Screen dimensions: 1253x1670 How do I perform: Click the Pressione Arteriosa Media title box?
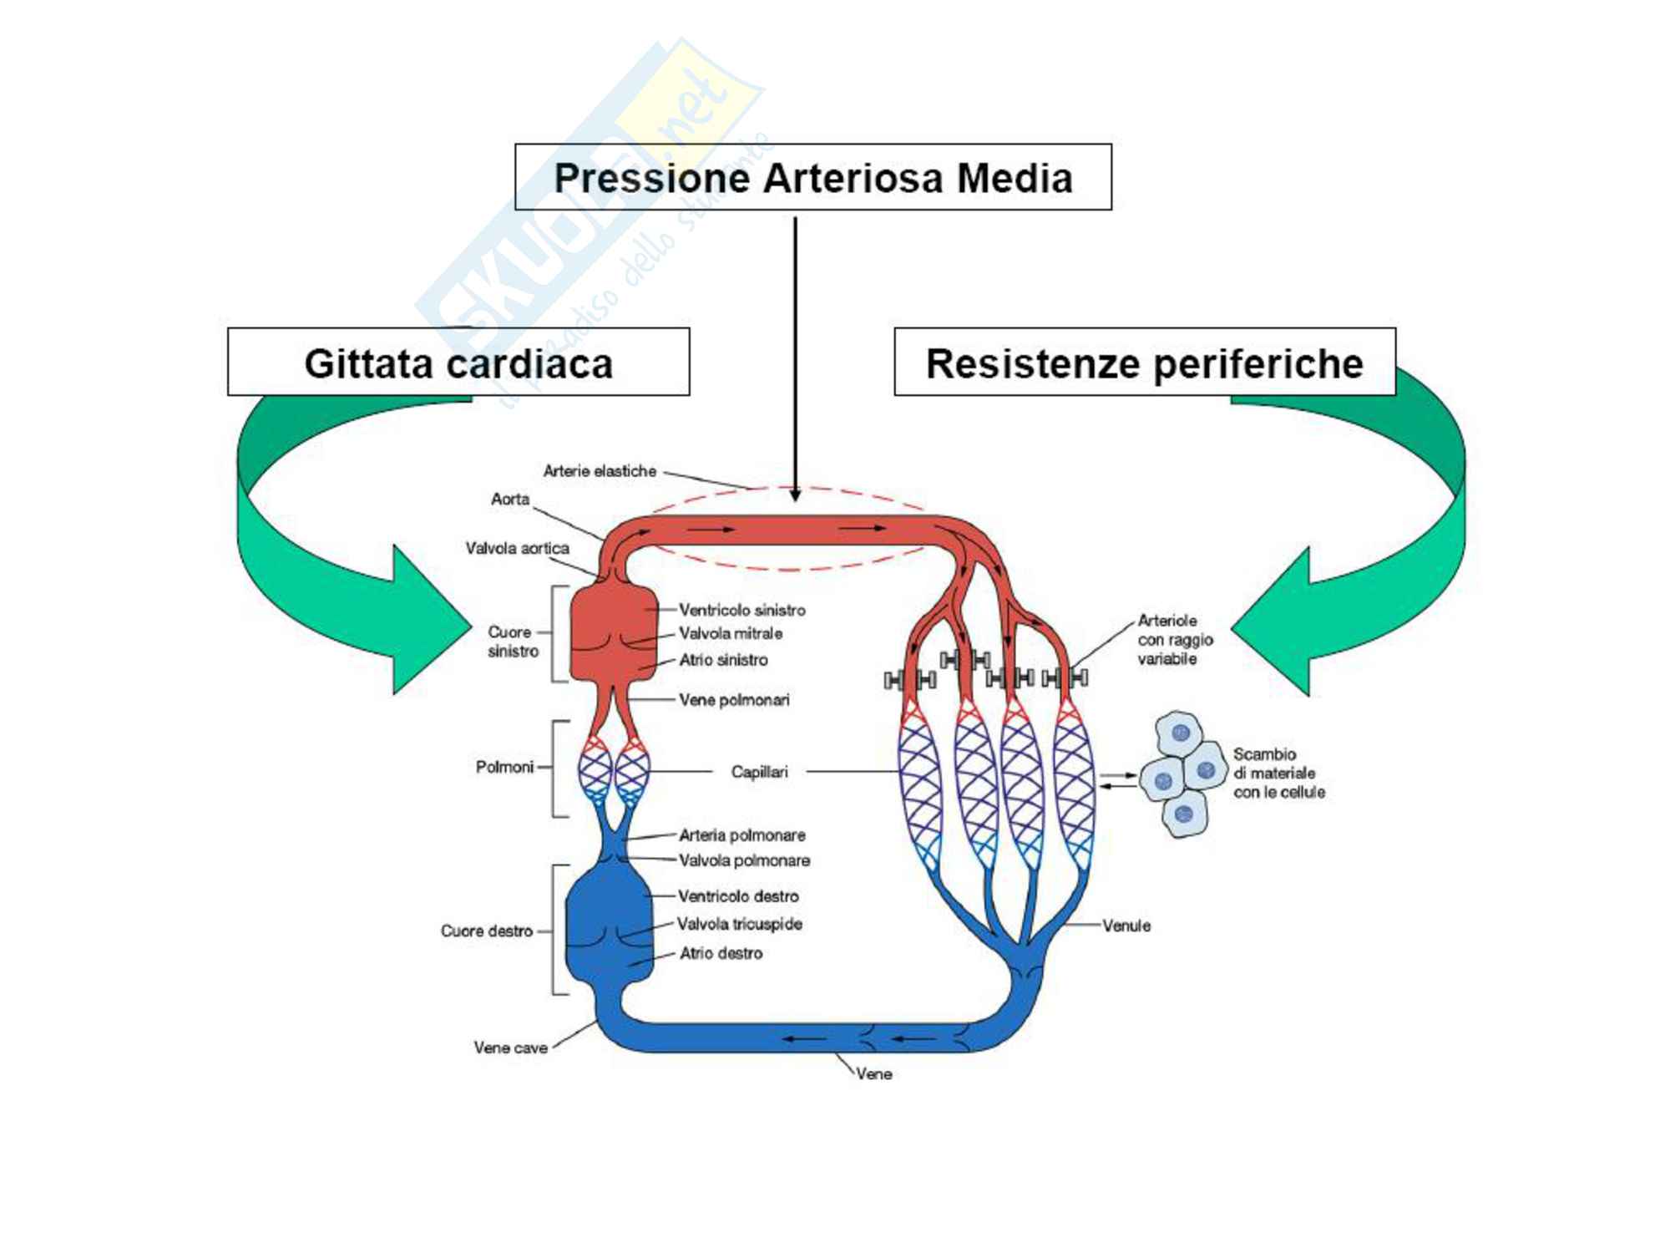pyautogui.click(x=812, y=177)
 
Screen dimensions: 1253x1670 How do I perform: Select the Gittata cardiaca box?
pyautogui.click(x=458, y=363)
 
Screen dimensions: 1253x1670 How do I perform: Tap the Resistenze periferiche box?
pyautogui.click(x=1144, y=363)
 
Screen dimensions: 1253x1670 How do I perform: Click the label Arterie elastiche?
pyautogui.click(x=600, y=471)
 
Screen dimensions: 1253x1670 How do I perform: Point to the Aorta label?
pyautogui.click(x=510, y=499)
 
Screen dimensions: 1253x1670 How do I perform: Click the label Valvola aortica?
pyautogui.click(x=517, y=548)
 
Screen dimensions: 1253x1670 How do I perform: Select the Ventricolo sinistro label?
pyautogui.click(x=741, y=610)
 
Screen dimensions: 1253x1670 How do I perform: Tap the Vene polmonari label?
pyautogui.click(x=734, y=700)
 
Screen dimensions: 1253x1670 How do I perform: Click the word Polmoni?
pyautogui.click(x=504, y=767)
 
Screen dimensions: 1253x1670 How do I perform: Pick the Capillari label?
pyautogui.click(x=759, y=772)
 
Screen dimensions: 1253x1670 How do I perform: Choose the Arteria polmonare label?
pyautogui.click(x=741, y=834)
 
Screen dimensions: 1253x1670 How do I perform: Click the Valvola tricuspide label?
pyautogui.click(x=739, y=924)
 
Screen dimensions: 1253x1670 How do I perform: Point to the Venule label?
pyautogui.click(x=1126, y=926)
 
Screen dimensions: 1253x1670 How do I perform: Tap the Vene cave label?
pyautogui.click(x=510, y=1048)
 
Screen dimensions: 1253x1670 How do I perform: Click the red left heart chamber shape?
pyautogui.click(x=612, y=632)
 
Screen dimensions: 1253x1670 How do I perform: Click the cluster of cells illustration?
pyautogui.click(x=1182, y=774)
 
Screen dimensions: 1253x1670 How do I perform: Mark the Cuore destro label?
pyautogui.click(x=487, y=931)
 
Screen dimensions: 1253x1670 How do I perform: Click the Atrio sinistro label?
pyautogui.click(x=723, y=660)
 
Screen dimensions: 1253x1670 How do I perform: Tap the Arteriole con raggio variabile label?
pyautogui.click(x=1174, y=640)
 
